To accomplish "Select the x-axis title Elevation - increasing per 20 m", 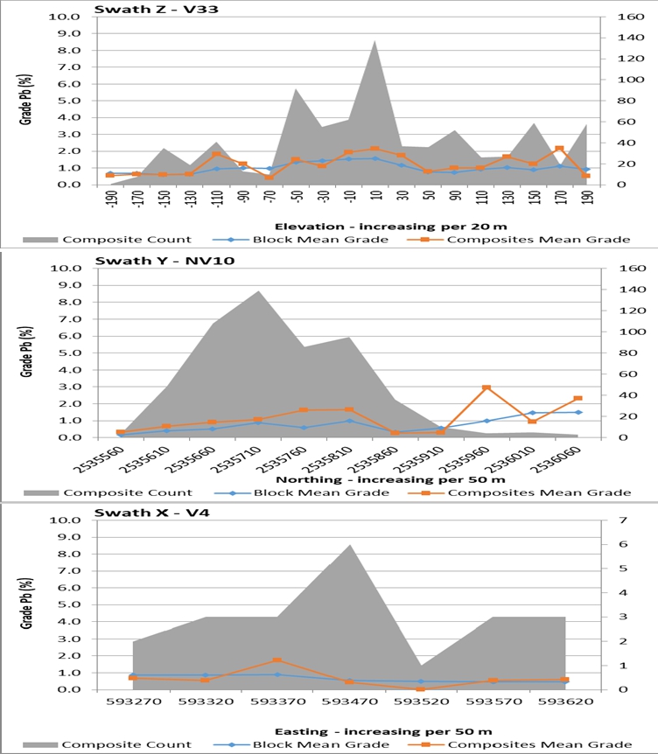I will (364, 226).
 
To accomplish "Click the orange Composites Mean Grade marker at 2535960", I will (486, 387).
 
